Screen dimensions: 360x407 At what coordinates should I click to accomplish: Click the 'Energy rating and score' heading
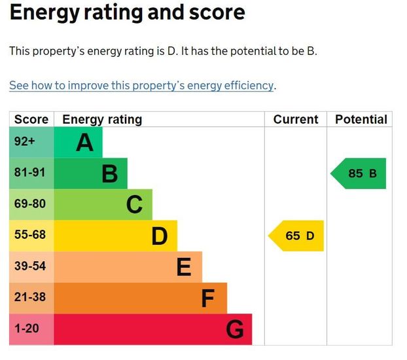[x=127, y=12]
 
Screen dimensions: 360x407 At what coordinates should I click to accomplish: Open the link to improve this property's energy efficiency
[x=141, y=85]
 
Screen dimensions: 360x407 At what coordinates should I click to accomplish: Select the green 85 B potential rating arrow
[x=359, y=173]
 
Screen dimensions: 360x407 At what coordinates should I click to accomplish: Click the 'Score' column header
[x=31, y=119]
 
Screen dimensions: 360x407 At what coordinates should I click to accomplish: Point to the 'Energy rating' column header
[x=102, y=119]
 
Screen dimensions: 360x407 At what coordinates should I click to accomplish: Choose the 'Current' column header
[x=296, y=119]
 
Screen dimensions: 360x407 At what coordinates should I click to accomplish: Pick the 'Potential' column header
[x=361, y=119]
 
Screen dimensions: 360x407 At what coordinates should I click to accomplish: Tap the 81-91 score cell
[x=30, y=173]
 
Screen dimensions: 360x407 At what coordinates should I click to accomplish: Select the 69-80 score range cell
[x=30, y=204]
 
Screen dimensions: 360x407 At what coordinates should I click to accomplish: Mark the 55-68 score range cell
[x=30, y=235]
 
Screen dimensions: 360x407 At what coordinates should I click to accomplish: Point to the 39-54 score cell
[x=30, y=266]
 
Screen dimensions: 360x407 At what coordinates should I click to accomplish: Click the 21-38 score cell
[x=30, y=297]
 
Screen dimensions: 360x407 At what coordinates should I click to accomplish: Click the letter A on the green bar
[x=84, y=143]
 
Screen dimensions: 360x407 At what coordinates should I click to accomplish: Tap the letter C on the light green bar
[x=134, y=205]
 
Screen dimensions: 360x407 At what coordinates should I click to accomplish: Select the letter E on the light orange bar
[x=184, y=267]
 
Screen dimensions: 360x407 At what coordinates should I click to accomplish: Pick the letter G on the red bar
[x=234, y=330]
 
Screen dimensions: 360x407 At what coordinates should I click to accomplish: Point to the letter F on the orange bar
[x=208, y=298]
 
